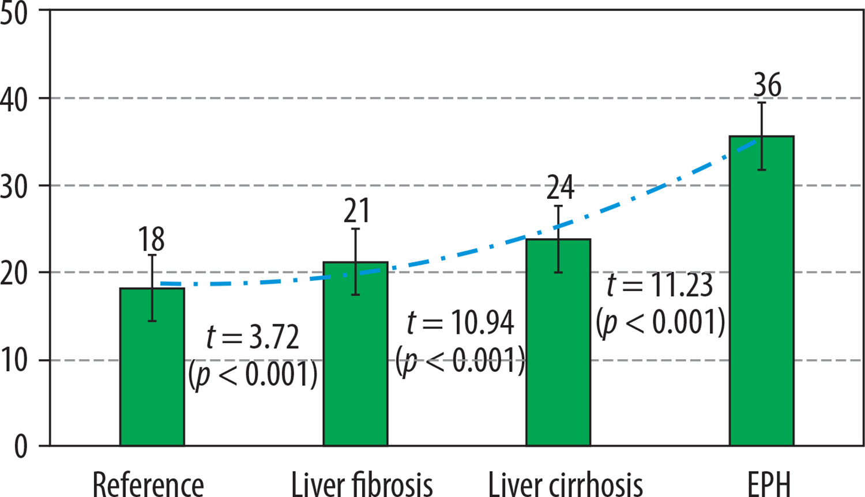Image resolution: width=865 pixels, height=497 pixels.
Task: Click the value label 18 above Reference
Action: pos(151,239)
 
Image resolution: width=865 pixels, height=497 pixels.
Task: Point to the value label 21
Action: pos(356,211)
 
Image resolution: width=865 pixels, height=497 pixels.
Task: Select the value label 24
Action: pos(560,187)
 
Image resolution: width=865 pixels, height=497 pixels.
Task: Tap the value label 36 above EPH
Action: pos(767,85)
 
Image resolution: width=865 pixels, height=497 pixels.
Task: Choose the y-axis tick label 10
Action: pos(14,360)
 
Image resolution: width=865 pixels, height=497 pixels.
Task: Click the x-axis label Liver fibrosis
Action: pos(362,483)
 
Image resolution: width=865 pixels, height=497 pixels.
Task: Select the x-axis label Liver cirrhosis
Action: pos(565,483)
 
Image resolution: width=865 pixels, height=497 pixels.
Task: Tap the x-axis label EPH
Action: pos(769,483)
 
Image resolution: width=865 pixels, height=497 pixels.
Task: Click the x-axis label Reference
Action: pos(148,483)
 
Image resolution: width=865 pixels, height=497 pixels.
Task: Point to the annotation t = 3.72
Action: pos(253,337)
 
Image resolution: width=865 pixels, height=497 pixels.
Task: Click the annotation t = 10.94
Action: pos(460,323)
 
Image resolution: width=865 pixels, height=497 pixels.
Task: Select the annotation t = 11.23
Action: pos(660,285)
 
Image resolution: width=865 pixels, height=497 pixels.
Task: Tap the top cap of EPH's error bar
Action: pos(762,103)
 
